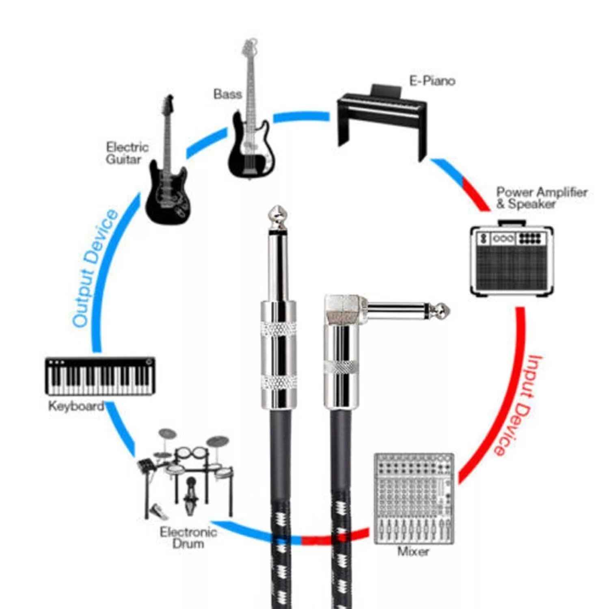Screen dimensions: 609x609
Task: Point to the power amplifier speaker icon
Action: click(x=512, y=258)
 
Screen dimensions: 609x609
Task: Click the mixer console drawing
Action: click(x=413, y=499)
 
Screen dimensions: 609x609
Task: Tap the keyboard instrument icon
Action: click(x=100, y=376)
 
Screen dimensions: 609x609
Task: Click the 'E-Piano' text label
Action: click(x=432, y=81)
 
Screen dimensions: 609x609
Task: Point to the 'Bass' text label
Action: click(x=227, y=94)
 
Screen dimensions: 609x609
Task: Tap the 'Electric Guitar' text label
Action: click(x=127, y=153)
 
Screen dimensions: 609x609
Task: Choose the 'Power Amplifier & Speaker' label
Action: click(x=542, y=198)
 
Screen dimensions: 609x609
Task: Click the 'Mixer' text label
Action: click(x=413, y=551)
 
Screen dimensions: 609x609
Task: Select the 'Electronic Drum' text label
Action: click(x=188, y=538)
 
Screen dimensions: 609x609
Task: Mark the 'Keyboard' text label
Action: click(x=76, y=406)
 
